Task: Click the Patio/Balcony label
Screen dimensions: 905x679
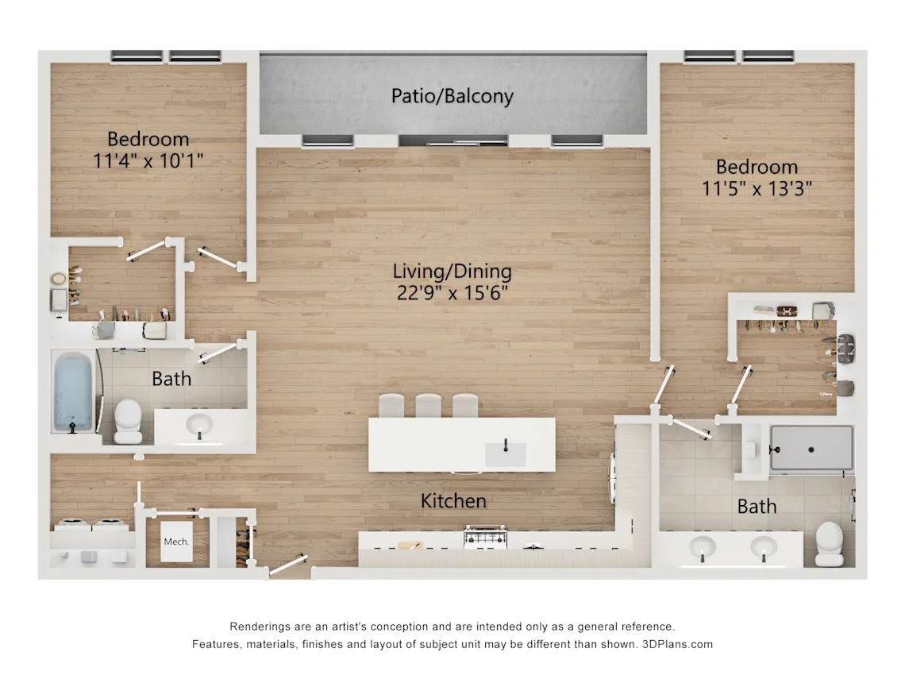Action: [452, 96]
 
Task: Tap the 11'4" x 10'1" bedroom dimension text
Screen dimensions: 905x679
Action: [148, 160]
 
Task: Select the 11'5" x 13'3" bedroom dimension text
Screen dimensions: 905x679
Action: [757, 188]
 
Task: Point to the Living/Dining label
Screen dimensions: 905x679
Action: [452, 272]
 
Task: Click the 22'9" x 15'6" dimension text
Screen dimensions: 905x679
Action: [452, 293]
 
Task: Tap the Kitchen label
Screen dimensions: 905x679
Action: [453, 500]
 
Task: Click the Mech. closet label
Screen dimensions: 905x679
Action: [176, 542]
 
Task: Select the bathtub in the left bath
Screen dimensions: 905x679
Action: [73, 392]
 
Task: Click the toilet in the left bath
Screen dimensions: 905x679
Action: [128, 420]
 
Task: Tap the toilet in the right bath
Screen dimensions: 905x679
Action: [830, 543]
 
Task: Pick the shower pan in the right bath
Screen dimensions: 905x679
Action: [811, 448]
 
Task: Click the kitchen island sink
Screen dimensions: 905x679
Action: [505, 453]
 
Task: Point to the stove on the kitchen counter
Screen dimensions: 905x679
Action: [485, 537]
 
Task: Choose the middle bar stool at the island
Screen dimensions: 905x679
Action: [428, 406]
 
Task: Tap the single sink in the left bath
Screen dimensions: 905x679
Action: [200, 426]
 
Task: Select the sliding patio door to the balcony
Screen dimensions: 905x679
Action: [453, 141]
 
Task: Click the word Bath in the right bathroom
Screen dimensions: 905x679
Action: [757, 507]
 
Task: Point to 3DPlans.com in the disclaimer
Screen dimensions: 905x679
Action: [677, 644]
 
